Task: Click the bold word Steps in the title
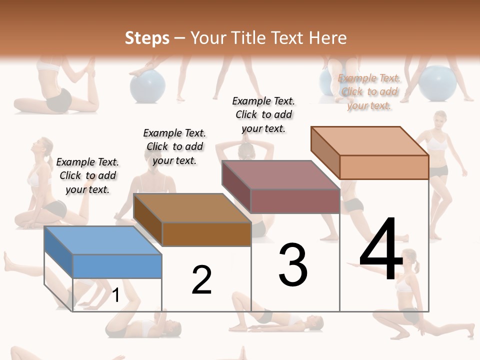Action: click(x=147, y=38)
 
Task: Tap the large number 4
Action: click(x=381, y=249)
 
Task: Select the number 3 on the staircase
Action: click(x=293, y=264)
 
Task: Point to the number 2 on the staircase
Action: click(x=201, y=280)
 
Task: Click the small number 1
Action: click(x=115, y=295)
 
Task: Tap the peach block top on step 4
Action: click(x=369, y=140)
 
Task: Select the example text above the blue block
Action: click(x=87, y=175)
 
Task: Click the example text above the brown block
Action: click(x=174, y=146)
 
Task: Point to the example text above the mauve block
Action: click(x=263, y=114)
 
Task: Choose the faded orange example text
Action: click(x=369, y=91)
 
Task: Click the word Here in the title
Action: click(x=327, y=38)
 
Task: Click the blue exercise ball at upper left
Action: click(x=147, y=85)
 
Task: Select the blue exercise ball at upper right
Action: click(x=437, y=82)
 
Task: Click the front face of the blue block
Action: click(x=117, y=266)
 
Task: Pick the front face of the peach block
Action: click(x=384, y=167)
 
